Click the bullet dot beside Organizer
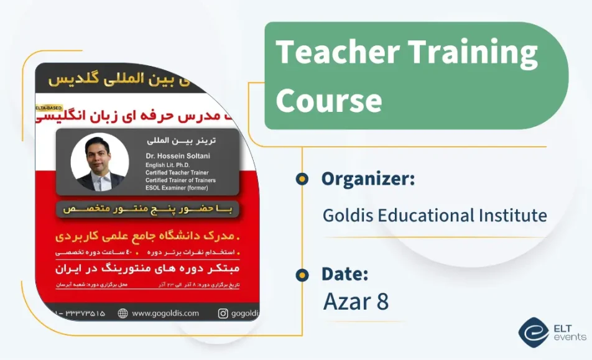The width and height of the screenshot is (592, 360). pos(302,179)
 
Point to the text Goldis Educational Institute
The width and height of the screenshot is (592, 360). pos(435,216)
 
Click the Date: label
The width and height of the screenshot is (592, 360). pos(345,274)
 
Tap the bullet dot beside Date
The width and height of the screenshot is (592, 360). pos(302,274)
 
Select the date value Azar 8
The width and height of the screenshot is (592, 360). pos(356,302)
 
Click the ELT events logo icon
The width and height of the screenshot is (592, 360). pos(533,332)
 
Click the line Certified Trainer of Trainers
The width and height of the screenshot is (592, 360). pos(180,180)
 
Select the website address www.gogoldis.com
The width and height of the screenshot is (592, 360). pos(165,313)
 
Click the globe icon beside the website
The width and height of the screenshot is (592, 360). pos(123,313)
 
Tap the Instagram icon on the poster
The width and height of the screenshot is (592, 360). pos(223,313)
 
